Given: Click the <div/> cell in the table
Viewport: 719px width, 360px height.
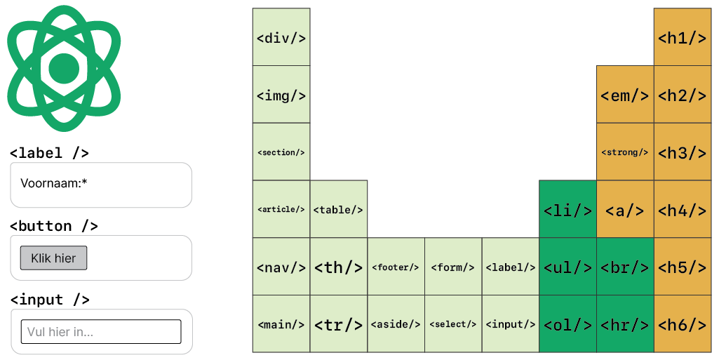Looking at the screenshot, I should point(281,37).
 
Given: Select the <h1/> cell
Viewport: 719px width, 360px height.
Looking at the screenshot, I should point(682,37).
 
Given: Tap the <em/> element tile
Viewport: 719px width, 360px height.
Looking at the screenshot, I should point(625,95).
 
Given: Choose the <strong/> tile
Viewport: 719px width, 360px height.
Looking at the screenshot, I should point(625,152).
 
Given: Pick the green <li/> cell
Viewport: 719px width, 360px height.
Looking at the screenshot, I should point(567,210).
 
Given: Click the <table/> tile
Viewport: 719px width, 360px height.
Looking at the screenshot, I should point(338,210).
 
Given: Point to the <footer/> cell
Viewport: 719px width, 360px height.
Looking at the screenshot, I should point(396,267).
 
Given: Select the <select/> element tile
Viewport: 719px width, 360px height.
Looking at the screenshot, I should point(453,324).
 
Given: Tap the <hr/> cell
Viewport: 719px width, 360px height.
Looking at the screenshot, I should point(625,324).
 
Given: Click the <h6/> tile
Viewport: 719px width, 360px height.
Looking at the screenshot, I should point(682,324).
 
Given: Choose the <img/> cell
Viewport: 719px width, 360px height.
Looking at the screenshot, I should point(281,95).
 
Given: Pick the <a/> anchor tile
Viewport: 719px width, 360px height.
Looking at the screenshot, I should point(625,210).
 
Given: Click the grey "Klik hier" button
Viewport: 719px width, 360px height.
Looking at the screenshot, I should point(53,258).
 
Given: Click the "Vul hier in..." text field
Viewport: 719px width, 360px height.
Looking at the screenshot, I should point(101,331).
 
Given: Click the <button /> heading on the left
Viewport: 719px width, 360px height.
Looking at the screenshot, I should point(53,226).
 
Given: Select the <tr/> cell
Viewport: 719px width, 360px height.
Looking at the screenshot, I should point(338,324).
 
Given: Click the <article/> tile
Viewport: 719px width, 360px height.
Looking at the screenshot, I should point(281,210).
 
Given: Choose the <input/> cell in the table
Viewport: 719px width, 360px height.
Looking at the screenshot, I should point(510,324).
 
